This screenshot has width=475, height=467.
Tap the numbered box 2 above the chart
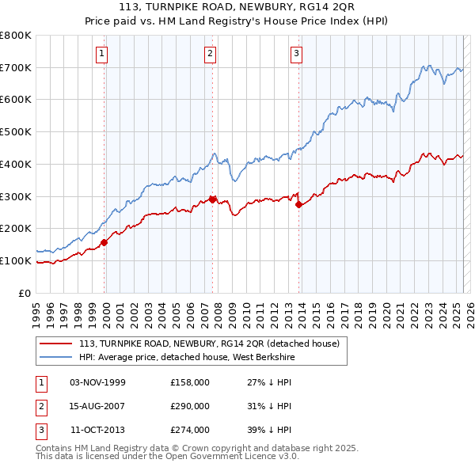(x=210, y=54)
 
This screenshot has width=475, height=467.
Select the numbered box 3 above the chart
(x=296, y=54)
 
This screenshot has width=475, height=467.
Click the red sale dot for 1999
(x=104, y=242)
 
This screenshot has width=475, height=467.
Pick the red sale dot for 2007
(x=213, y=199)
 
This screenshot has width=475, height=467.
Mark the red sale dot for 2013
(x=299, y=204)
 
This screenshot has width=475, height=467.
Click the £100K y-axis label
(x=17, y=260)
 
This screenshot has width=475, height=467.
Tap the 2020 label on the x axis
(x=386, y=310)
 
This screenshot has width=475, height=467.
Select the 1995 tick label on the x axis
(x=36, y=310)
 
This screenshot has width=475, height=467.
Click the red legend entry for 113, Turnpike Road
(x=209, y=344)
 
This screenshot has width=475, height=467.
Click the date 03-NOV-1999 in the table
(x=97, y=382)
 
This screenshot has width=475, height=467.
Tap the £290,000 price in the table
(x=190, y=406)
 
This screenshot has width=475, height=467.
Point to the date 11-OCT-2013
(x=97, y=430)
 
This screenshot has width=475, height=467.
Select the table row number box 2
(x=40, y=406)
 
